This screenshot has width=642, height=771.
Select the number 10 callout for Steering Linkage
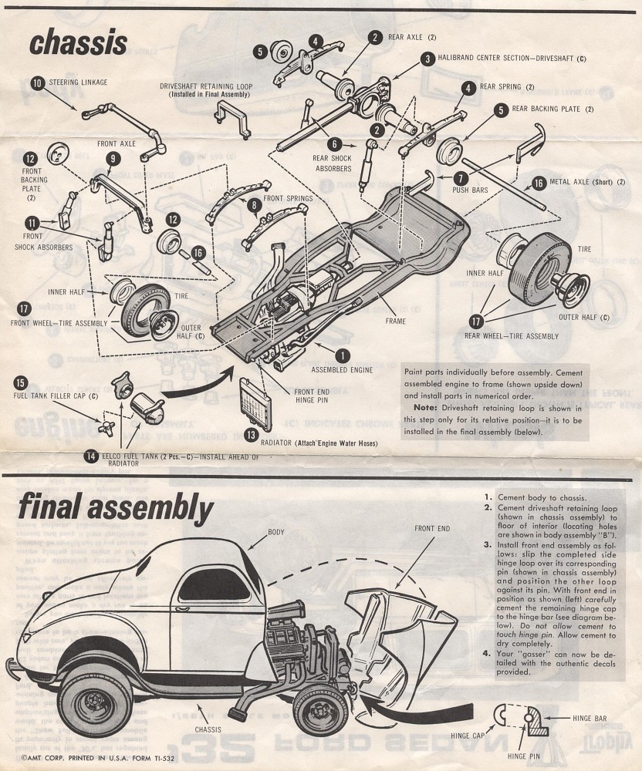click(x=37, y=82)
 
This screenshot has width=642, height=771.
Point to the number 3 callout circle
click(x=427, y=59)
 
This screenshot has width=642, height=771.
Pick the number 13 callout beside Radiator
click(x=251, y=435)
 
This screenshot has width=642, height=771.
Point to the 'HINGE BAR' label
click(x=590, y=718)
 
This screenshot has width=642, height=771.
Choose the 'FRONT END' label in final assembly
click(x=432, y=529)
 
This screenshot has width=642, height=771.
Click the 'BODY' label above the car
click(x=275, y=532)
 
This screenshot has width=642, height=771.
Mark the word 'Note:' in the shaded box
click(x=425, y=406)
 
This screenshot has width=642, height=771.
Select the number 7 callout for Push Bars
click(x=461, y=177)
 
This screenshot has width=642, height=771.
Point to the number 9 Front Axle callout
click(x=113, y=159)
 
